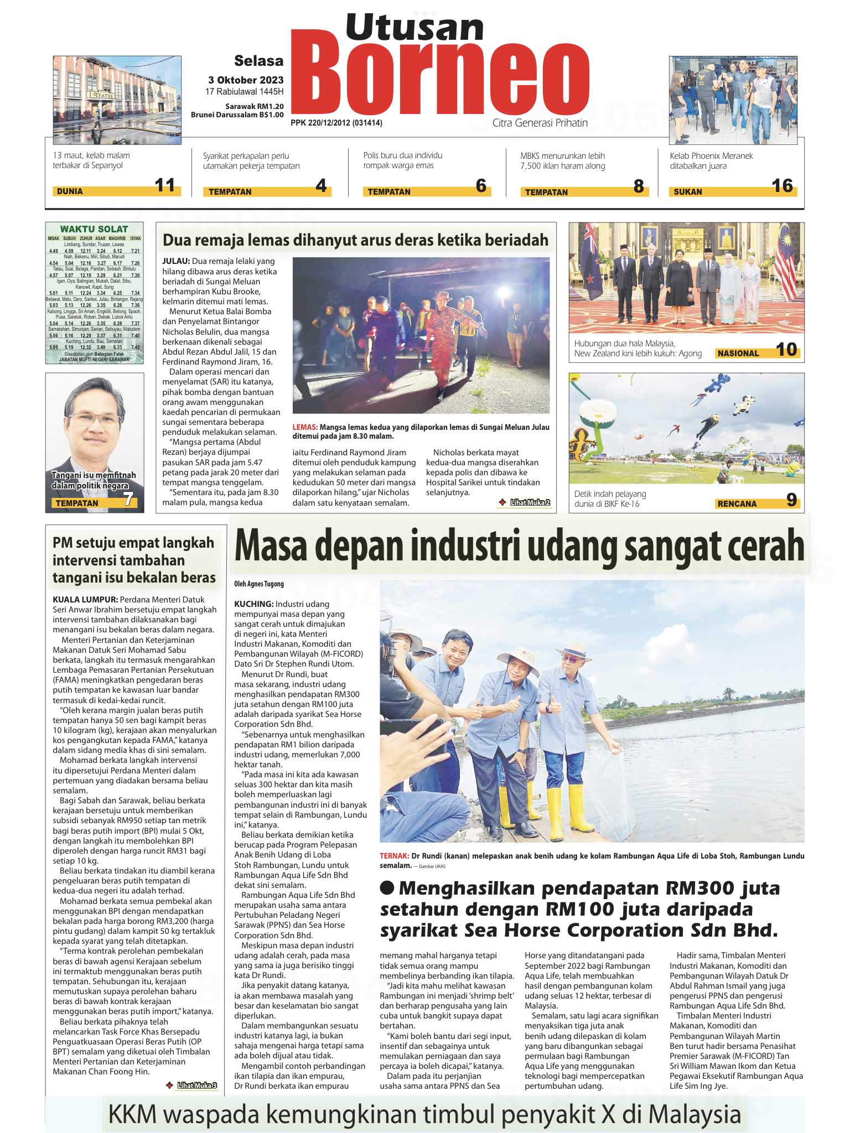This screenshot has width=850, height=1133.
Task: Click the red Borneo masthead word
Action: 440,77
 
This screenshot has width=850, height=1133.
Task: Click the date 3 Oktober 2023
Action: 246,80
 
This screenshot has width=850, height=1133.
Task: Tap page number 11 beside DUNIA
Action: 165,185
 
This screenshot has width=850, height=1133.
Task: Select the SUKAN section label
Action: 688,192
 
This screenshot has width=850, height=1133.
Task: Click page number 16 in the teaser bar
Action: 782,186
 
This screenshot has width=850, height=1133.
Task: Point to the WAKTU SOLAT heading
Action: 94,229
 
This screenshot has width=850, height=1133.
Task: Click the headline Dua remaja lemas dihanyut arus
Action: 355,240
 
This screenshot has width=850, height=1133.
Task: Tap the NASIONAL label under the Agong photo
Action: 738,354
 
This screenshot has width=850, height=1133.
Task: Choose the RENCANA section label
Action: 737,504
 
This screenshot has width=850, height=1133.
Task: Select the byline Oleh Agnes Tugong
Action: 259,584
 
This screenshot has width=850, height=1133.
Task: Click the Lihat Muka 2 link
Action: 530,502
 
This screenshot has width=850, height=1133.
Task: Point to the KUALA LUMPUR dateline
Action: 85,600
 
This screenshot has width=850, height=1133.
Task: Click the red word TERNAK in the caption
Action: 394,856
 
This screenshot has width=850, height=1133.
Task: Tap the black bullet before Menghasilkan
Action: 387,887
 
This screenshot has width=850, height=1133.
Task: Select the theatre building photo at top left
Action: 117,100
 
